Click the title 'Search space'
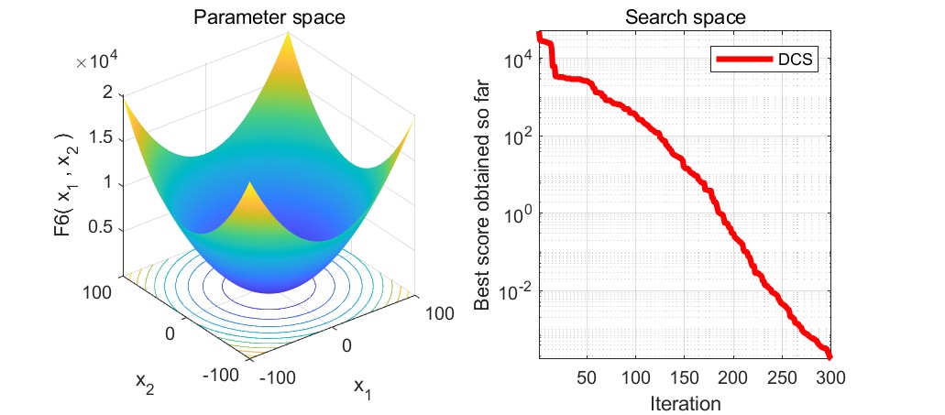(683, 16)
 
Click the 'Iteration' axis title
(685, 403)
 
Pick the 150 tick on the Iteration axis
(684, 378)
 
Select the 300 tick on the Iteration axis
(830, 378)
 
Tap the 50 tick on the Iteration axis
(587, 378)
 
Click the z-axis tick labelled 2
(107, 92)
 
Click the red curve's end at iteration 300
(829, 355)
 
